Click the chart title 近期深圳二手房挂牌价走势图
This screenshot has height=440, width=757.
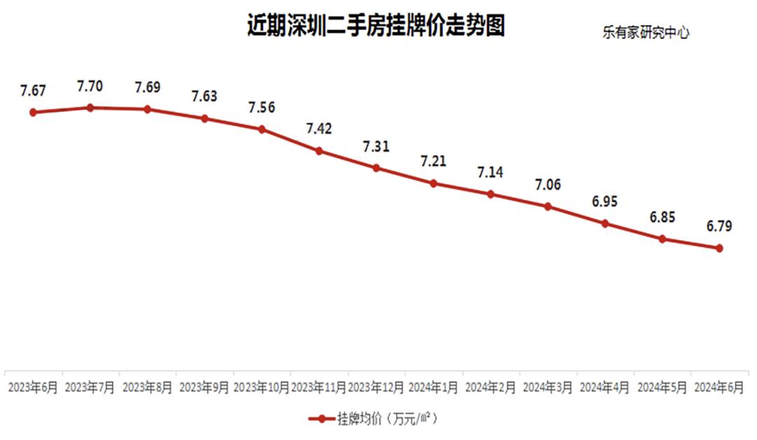tap(376, 26)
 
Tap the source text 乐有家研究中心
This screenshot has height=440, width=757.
tap(645, 33)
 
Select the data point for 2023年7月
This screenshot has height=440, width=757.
tap(90, 107)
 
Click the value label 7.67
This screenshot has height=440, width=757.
tap(33, 90)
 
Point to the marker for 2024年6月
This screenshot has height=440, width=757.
tap(719, 248)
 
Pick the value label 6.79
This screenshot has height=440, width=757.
tap(719, 226)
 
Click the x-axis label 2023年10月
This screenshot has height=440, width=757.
tap(261, 387)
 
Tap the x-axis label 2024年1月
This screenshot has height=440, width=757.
tap(434, 387)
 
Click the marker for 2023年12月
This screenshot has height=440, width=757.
tap(376, 168)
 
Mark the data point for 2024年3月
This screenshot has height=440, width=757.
tap(548, 207)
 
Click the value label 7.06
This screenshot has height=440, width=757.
tap(548, 185)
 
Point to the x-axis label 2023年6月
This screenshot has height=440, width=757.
tap(32, 387)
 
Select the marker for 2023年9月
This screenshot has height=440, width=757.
tap(205, 118)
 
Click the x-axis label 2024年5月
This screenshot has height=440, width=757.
tap(662, 387)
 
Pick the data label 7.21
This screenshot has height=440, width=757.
tap(434, 162)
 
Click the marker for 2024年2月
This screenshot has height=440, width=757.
tap(491, 194)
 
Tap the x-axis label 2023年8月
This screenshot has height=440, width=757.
tap(147, 387)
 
